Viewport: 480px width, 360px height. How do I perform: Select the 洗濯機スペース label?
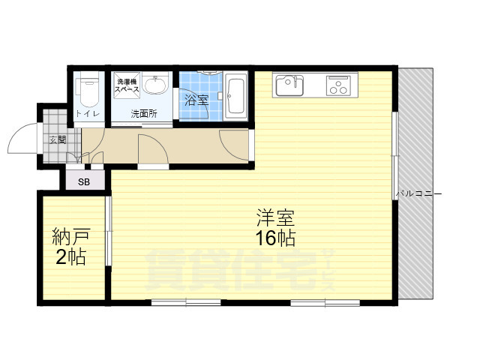pos(125,85)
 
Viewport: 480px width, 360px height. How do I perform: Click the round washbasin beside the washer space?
pos(156,86)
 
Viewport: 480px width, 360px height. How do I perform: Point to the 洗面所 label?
pos(143,115)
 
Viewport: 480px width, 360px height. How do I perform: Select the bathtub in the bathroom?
pos(235,95)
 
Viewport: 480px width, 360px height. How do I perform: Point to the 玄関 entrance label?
pos(58,139)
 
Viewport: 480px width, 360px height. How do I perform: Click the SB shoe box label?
pos(85,181)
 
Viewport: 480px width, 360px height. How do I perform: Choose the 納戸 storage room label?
pos(68,239)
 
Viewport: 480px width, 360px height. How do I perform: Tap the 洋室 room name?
pos(275,220)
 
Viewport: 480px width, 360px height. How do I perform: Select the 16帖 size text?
pos(275,239)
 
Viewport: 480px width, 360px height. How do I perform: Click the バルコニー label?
pos(419,194)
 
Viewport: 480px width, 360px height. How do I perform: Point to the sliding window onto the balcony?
pos(395,157)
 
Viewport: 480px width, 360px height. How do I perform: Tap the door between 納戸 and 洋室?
pos(109,231)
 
